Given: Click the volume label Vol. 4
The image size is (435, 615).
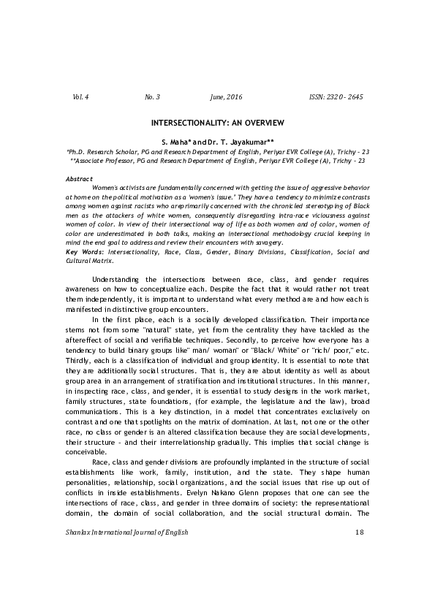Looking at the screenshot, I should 80,96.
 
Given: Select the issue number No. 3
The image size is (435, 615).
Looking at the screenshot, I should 153,96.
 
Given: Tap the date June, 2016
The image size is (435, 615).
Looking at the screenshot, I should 226,96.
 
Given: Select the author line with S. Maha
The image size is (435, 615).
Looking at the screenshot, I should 217,140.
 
